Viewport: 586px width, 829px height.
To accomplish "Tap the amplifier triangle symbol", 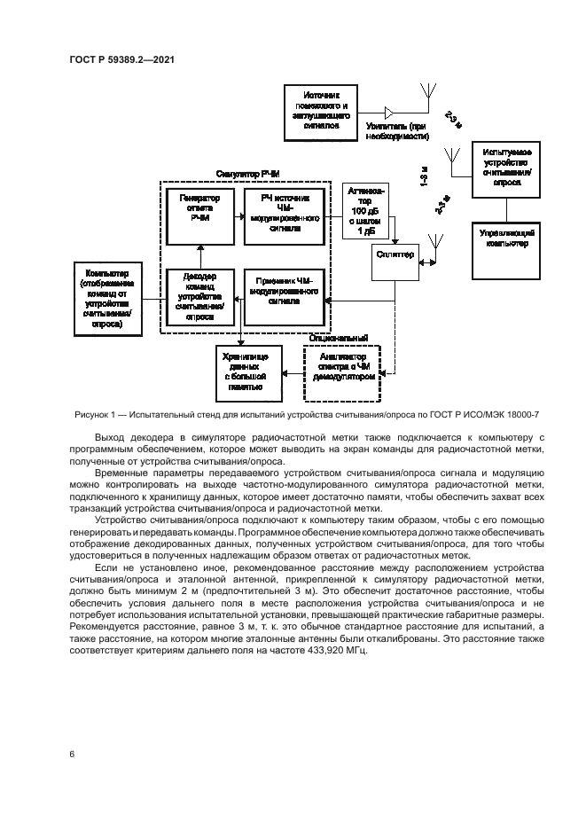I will pos(390,113).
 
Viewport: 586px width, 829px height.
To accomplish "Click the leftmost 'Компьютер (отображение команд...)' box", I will pos(106,299).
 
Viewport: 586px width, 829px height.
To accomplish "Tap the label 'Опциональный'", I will pos(337,339).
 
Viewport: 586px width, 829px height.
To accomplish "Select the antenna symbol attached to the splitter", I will pos(434,247).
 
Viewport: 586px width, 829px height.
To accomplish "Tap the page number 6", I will pos(71,754).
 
